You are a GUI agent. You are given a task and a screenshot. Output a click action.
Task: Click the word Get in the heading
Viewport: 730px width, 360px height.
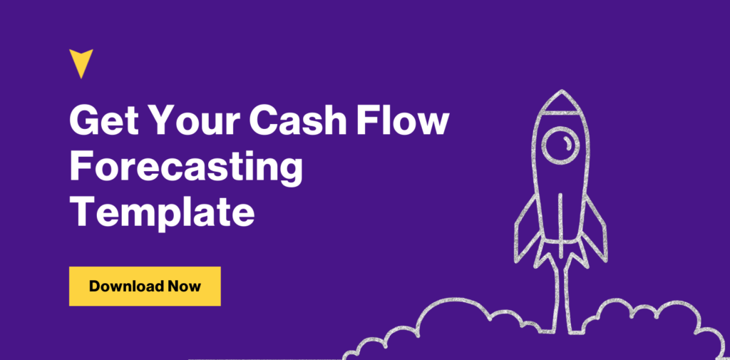click(x=103, y=120)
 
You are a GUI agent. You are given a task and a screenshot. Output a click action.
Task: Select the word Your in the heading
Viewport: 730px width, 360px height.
click(x=194, y=120)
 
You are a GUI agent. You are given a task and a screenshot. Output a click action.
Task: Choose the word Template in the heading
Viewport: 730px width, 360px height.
click(x=162, y=212)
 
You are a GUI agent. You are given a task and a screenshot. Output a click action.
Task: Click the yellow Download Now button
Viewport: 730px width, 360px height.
click(x=145, y=287)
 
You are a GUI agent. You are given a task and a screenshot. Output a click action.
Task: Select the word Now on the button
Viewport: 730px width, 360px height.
click(x=185, y=286)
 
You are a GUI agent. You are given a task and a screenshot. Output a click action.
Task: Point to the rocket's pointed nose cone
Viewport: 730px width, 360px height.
click(x=561, y=101)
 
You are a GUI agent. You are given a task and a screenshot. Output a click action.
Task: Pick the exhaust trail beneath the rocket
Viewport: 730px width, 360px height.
click(x=560, y=294)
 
